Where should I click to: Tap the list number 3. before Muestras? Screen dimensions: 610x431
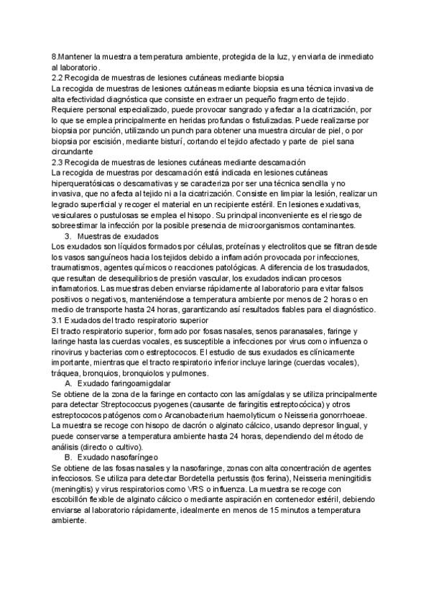[69, 237]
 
